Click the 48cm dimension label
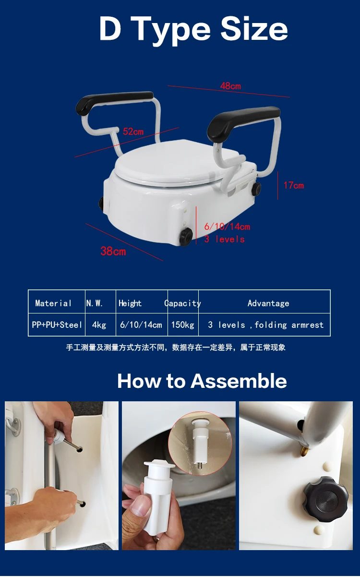[230, 86]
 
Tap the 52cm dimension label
[133, 132]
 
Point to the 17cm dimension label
[293, 185]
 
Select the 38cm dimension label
[113, 251]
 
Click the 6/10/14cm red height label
[227, 227]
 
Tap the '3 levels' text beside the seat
[224, 239]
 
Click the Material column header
[53, 303]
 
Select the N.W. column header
[95, 303]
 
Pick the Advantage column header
[268, 303]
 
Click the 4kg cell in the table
[99, 325]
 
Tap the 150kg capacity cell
[182, 325]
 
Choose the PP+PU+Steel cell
[57, 325]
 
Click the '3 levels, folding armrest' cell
[265, 325]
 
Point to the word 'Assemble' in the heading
[239, 381]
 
